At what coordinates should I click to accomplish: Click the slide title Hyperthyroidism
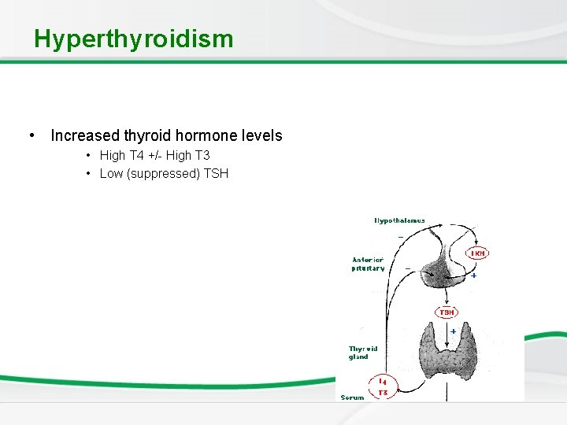[x=133, y=39]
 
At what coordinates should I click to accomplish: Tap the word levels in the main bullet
[x=262, y=135]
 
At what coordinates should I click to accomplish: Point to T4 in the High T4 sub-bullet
[x=139, y=156]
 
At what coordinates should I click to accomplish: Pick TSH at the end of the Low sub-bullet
[x=216, y=173]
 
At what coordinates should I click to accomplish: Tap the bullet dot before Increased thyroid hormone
[x=31, y=135]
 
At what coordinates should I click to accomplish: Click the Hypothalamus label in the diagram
[x=399, y=221]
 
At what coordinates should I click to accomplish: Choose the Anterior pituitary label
[x=368, y=264]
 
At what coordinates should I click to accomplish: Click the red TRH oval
[x=477, y=253]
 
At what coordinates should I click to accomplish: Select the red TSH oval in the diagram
[x=447, y=312]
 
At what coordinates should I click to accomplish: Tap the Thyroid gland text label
[x=363, y=353]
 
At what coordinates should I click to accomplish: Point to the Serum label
[x=352, y=397]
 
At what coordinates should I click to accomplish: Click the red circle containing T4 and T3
[x=383, y=387]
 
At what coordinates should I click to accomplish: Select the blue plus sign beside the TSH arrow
[x=454, y=331]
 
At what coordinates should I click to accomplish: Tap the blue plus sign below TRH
[x=473, y=275]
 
